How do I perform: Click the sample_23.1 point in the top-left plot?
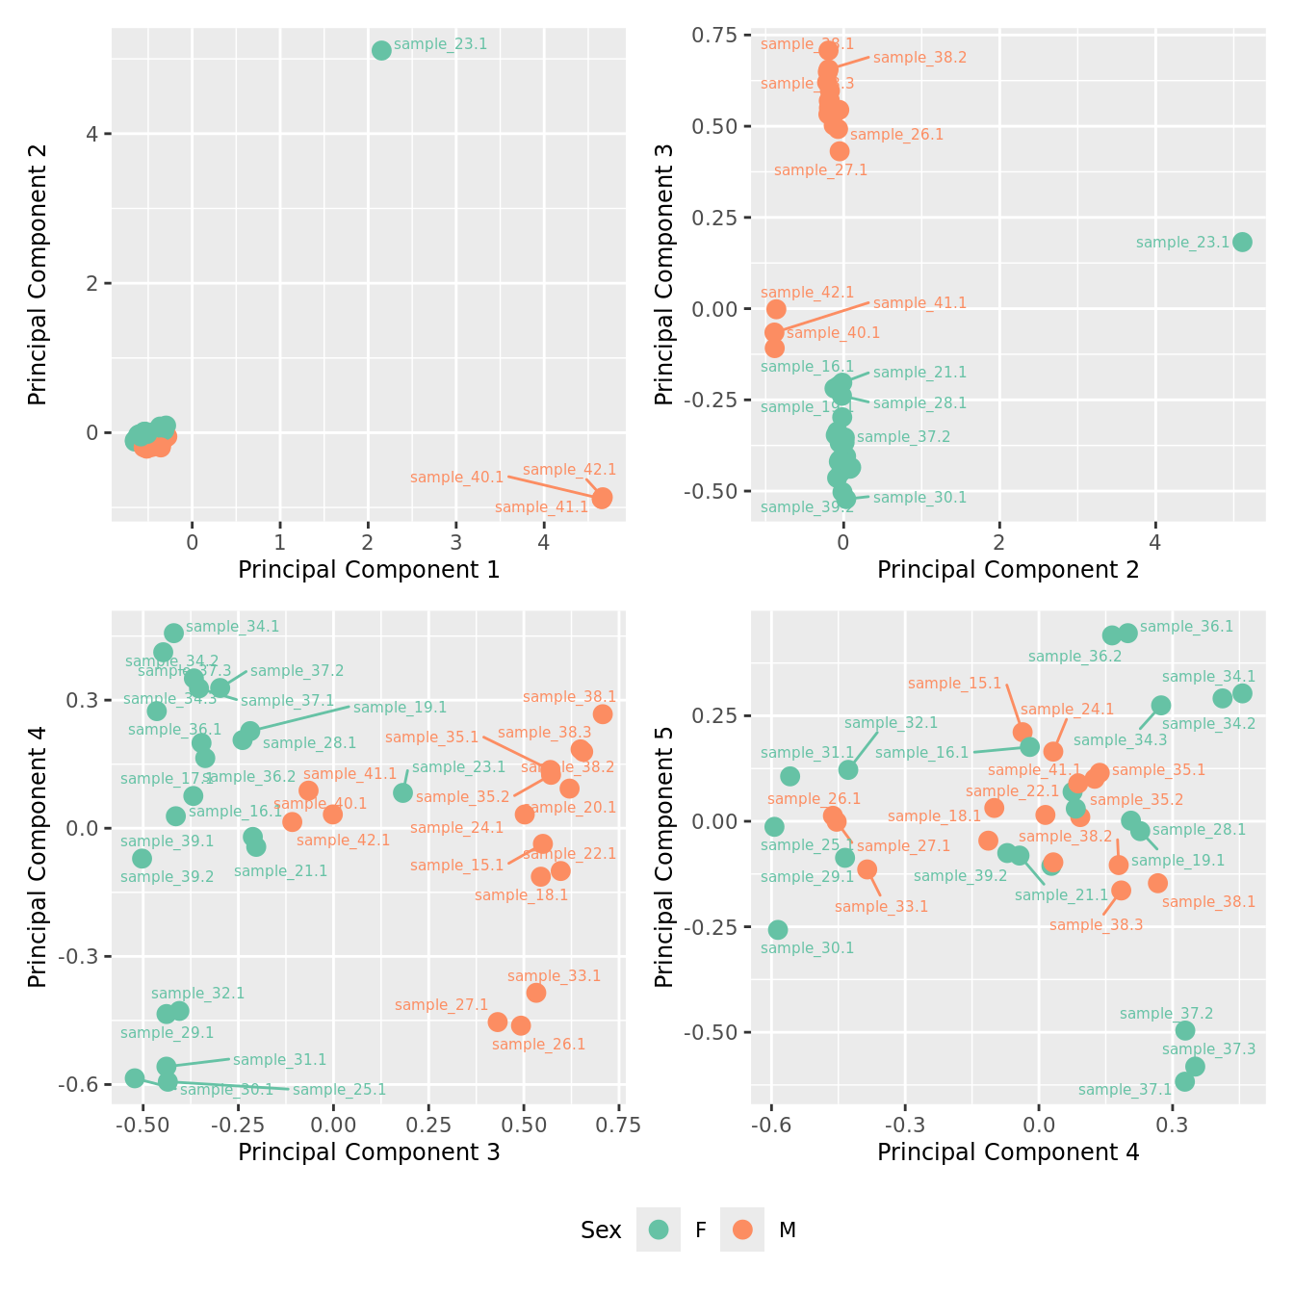tap(381, 50)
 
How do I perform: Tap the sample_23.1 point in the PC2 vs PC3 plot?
tap(1242, 242)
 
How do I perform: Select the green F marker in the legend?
tap(659, 1229)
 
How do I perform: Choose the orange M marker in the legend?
tap(741, 1229)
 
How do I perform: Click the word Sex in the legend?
tap(601, 1230)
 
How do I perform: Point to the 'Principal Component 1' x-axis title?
tap(369, 570)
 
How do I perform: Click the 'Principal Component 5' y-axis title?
tap(664, 855)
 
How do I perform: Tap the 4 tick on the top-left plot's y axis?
tap(92, 134)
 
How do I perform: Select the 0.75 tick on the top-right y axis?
tap(713, 36)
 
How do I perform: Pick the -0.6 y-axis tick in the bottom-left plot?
tap(80, 1085)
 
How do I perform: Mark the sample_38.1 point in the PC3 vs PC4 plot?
tap(603, 713)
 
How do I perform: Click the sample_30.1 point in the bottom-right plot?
tap(778, 929)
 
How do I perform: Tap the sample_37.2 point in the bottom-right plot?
tap(1185, 1030)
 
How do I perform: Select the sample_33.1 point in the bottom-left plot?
tap(536, 993)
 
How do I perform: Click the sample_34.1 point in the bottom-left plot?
tap(173, 633)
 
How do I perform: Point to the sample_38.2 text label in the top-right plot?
tap(919, 58)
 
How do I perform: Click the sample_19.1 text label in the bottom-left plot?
tap(400, 708)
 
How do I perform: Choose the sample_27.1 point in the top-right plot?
tap(840, 151)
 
